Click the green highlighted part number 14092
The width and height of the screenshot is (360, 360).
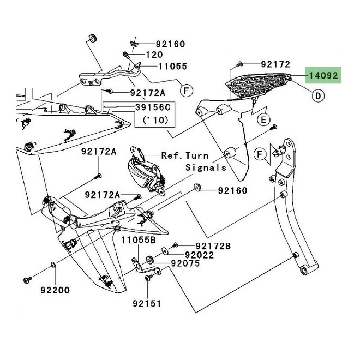pos(323,75)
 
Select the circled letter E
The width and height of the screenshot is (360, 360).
pos(263,119)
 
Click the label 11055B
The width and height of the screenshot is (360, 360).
pos(139,239)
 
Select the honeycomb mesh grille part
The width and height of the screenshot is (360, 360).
pos(259,86)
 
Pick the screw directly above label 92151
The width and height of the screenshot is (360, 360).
pos(148,279)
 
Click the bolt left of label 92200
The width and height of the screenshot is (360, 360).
pos(26,279)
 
